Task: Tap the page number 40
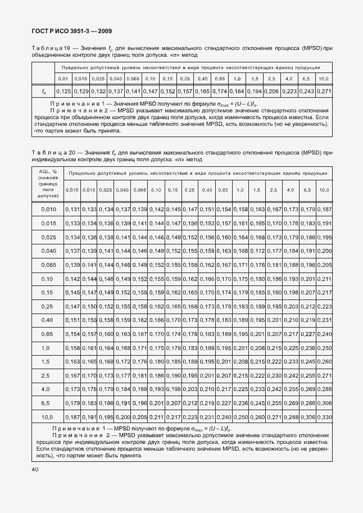[x=35, y=469]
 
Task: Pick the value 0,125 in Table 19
[x=63, y=91]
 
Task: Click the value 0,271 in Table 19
[x=323, y=91]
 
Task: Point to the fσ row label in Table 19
[x=43, y=91]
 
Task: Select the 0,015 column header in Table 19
[x=81, y=79]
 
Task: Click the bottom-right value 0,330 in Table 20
[x=324, y=417]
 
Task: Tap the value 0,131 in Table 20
[x=72, y=210]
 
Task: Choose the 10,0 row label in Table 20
[x=48, y=417]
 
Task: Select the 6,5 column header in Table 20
[x=307, y=190]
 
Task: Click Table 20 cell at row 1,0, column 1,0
[x=240, y=348]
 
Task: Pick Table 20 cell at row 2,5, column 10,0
[x=324, y=375]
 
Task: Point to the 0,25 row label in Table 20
[x=48, y=306]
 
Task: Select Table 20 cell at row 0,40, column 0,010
[x=72, y=320]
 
